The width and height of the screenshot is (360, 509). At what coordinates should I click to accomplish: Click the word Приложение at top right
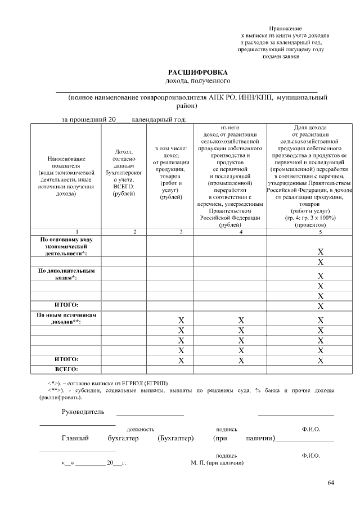tap(285, 28)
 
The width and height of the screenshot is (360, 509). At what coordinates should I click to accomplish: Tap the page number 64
tap(331, 483)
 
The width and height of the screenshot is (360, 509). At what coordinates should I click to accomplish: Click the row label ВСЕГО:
tap(66, 369)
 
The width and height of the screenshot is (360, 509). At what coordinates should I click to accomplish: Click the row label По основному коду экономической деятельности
tap(66, 246)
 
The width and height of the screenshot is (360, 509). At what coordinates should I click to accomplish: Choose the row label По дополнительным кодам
tap(66, 274)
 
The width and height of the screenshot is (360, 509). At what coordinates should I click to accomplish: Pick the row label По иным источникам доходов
tap(66, 318)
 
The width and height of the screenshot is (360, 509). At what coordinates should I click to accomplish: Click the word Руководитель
tap(83, 412)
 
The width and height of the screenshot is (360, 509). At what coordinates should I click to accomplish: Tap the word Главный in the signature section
tap(75, 438)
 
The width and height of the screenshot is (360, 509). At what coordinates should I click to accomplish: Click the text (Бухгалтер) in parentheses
tap(175, 438)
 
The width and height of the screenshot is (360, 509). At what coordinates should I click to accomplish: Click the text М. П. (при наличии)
tap(217, 463)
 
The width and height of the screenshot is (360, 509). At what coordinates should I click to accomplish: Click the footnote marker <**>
tap(54, 390)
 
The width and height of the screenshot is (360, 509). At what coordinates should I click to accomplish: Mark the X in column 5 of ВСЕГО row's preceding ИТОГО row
tap(320, 359)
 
